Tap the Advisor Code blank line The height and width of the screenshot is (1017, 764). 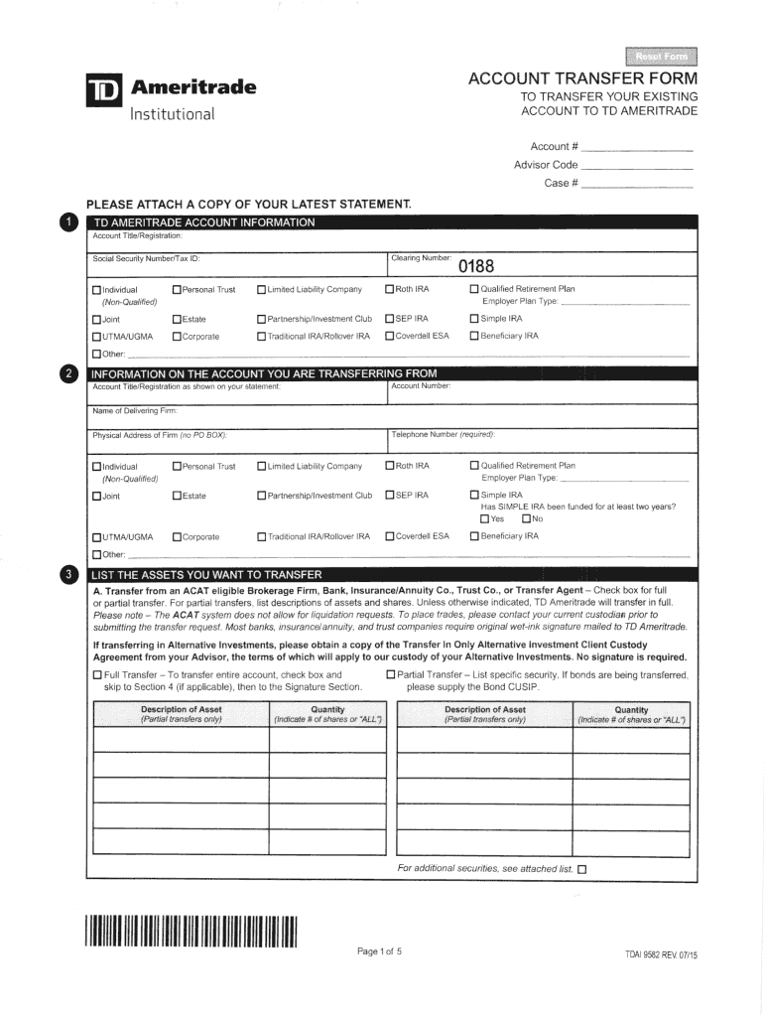tap(637, 166)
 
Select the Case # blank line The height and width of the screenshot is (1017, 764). tap(637, 185)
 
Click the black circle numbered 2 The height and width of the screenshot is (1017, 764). tap(66, 373)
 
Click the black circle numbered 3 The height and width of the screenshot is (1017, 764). tap(66, 574)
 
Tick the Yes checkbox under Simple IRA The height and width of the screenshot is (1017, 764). tap(484, 518)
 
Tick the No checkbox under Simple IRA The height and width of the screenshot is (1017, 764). tap(526, 518)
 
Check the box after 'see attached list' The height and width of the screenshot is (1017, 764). tap(582, 869)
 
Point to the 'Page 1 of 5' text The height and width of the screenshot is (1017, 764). tap(379, 952)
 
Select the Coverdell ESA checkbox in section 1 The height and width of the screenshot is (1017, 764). tap(390, 336)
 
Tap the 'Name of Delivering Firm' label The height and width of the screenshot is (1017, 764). tap(135, 410)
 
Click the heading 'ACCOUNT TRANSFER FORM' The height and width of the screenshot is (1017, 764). tap(582, 78)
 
